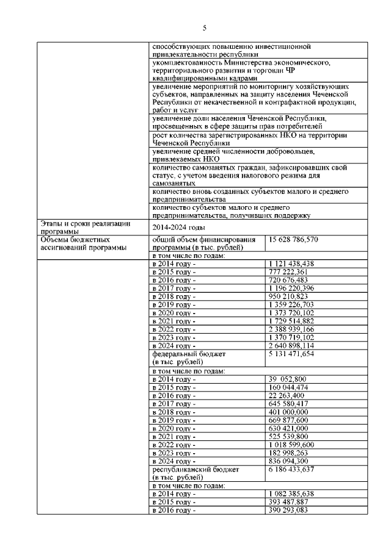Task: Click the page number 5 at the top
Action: point(205,28)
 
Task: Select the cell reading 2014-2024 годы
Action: point(177,226)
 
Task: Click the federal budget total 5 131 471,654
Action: point(295,353)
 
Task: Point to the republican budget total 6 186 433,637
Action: point(295,470)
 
